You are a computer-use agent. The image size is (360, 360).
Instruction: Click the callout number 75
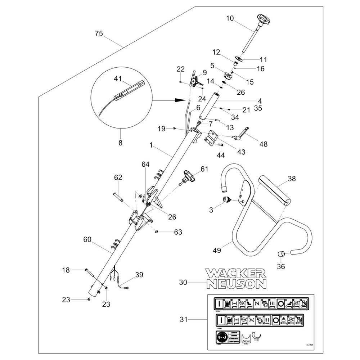click(99, 34)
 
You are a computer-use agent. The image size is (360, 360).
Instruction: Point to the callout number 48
click(264, 144)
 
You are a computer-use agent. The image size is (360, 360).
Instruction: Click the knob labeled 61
click(188, 177)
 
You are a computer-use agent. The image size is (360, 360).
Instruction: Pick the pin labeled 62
click(118, 197)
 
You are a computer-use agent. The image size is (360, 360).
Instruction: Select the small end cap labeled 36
click(282, 254)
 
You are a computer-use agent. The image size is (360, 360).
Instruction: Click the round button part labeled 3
click(227, 200)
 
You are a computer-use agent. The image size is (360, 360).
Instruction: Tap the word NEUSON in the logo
click(237, 284)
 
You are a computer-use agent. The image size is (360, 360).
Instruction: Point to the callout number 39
click(139, 275)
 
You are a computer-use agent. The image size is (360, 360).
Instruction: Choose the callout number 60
click(87, 239)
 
